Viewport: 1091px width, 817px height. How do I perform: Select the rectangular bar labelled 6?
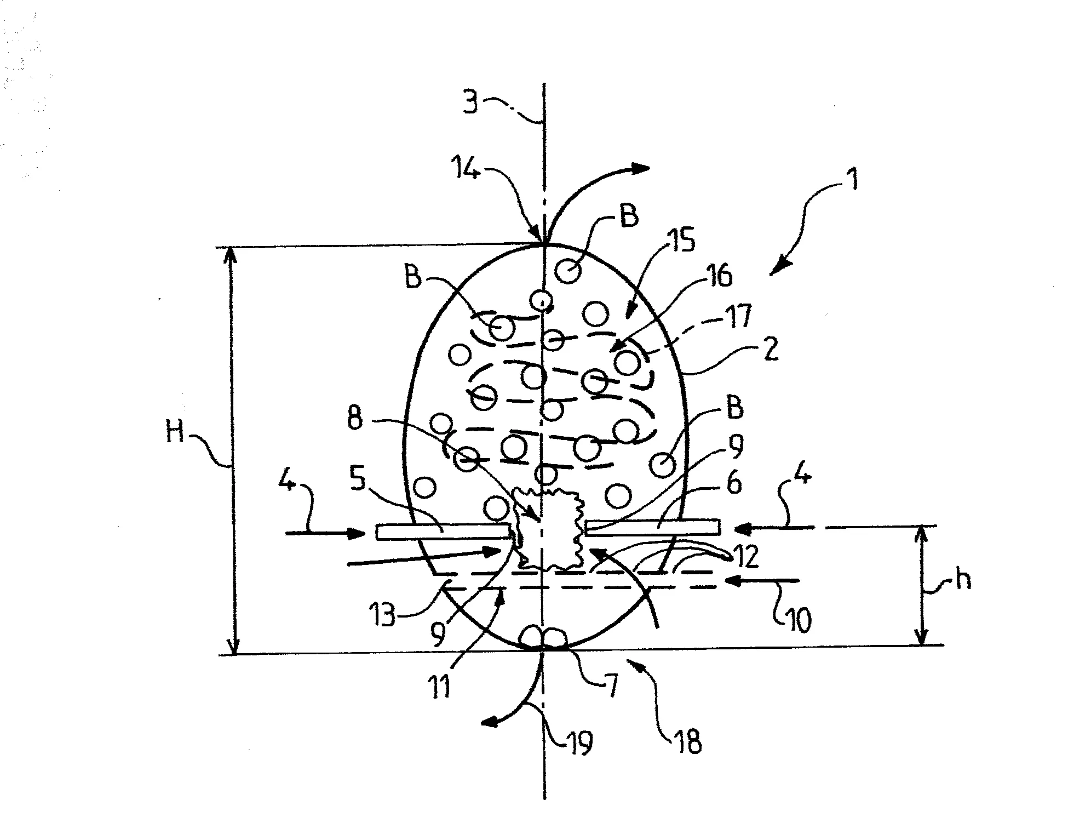pos(652,527)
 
